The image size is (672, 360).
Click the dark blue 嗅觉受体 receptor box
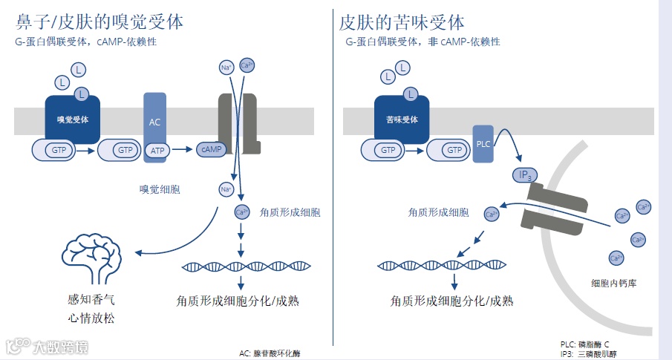[72, 119]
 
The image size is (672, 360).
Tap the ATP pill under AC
[157, 151]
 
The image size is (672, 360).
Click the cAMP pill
[211, 150]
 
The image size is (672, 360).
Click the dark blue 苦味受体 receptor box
[402, 119]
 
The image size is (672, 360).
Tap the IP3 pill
[525, 175]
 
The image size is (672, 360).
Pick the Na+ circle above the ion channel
[226, 68]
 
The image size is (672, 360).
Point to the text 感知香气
[91, 301]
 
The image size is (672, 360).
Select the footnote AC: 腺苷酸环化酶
[270, 353]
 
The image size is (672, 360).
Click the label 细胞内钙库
[614, 283]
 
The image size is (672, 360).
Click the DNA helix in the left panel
[246, 266]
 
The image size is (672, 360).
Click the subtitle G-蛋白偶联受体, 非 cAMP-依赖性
[423, 42]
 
